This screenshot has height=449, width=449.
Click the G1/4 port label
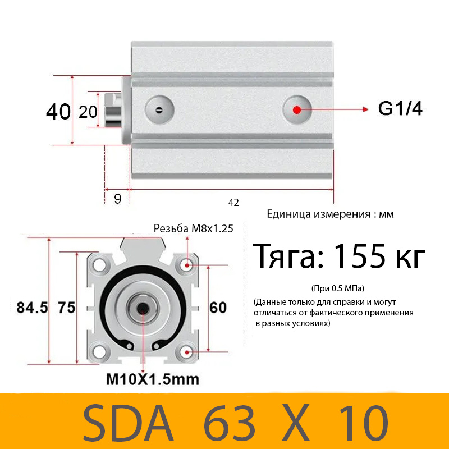(400, 109)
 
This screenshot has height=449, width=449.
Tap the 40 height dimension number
(58, 112)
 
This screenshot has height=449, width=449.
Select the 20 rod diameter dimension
(88, 112)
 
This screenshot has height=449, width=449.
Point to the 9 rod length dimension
(117, 199)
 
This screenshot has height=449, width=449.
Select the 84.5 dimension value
(31, 308)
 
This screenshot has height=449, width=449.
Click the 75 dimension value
(67, 308)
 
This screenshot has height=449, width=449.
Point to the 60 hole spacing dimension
(218, 308)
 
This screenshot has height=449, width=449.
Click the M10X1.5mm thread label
(153, 379)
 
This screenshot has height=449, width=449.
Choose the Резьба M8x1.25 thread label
(194, 228)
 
